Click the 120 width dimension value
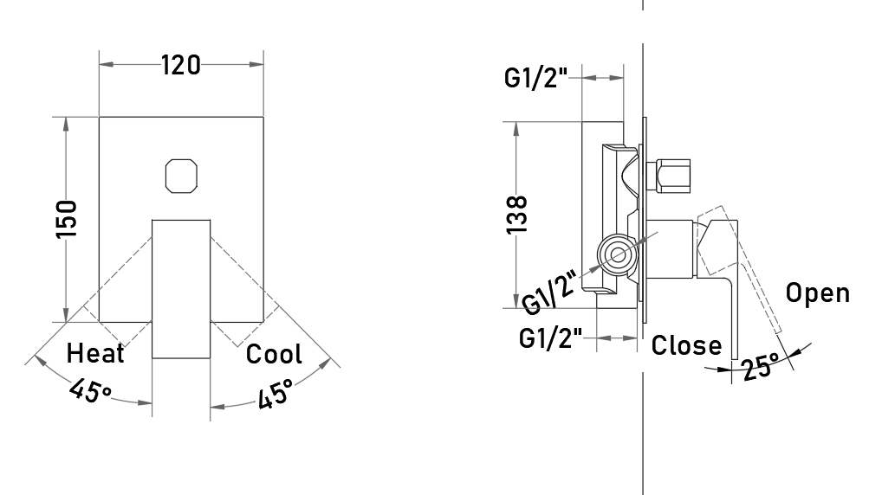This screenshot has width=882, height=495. (x=180, y=65)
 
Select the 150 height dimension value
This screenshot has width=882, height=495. (x=66, y=219)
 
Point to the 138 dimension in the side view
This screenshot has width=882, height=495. (x=517, y=215)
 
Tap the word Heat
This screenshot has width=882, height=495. (x=95, y=353)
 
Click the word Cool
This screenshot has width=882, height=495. (x=274, y=354)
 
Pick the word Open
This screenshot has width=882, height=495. (x=817, y=293)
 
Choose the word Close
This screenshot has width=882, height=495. (x=686, y=345)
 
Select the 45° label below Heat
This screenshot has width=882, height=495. (x=91, y=390)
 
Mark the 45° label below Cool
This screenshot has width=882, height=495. (x=276, y=393)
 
